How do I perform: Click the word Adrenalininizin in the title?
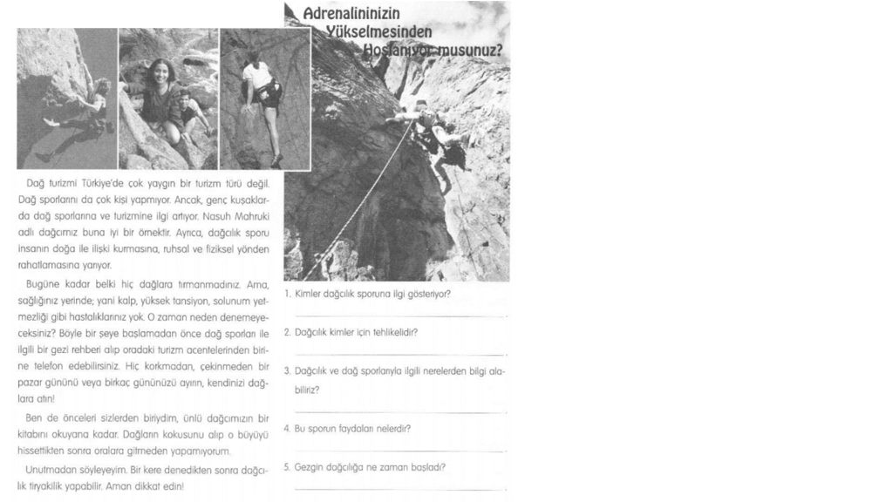351,14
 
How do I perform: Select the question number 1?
287,294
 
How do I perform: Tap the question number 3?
287,371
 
